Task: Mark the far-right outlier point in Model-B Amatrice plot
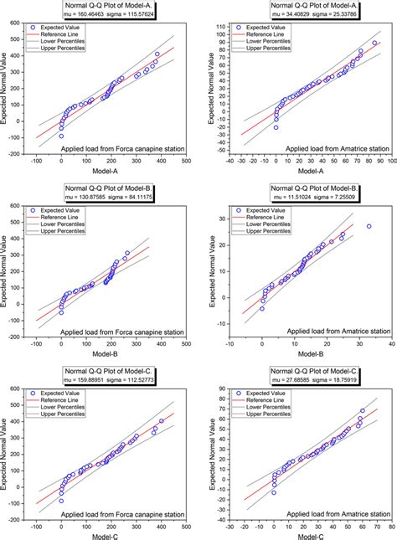pyautogui.click(x=369, y=226)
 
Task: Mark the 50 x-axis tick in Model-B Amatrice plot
pyautogui.click(x=389, y=343)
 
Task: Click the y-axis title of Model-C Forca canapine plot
pyautogui.click(x=7, y=452)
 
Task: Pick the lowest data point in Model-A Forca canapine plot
pyautogui.click(x=61, y=136)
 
